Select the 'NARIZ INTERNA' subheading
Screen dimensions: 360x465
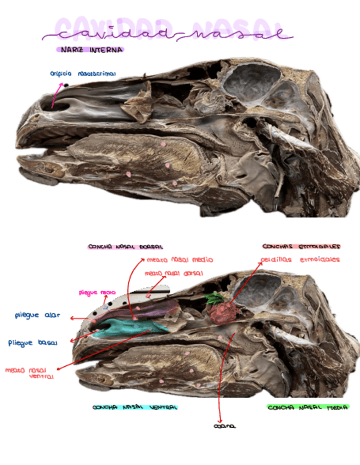click(x=90, y=50)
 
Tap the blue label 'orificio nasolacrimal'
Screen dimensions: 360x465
click(x=83, y=72)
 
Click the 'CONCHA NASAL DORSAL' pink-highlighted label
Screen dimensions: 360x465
click(x=126, y=247)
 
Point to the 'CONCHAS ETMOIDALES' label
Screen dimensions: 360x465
click(x=301, y=246)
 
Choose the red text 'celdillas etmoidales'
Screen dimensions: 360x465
click(x=300, y=259)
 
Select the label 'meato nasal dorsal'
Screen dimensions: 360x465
click(x=174, y=273)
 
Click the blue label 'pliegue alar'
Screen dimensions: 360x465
click(x=37, y=316)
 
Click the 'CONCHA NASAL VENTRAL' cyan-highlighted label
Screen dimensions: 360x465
click(x=134, y=407)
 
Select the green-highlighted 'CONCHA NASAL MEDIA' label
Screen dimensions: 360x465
click(x=307, y=407)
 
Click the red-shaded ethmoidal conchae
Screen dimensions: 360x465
click(x=222, y=313)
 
